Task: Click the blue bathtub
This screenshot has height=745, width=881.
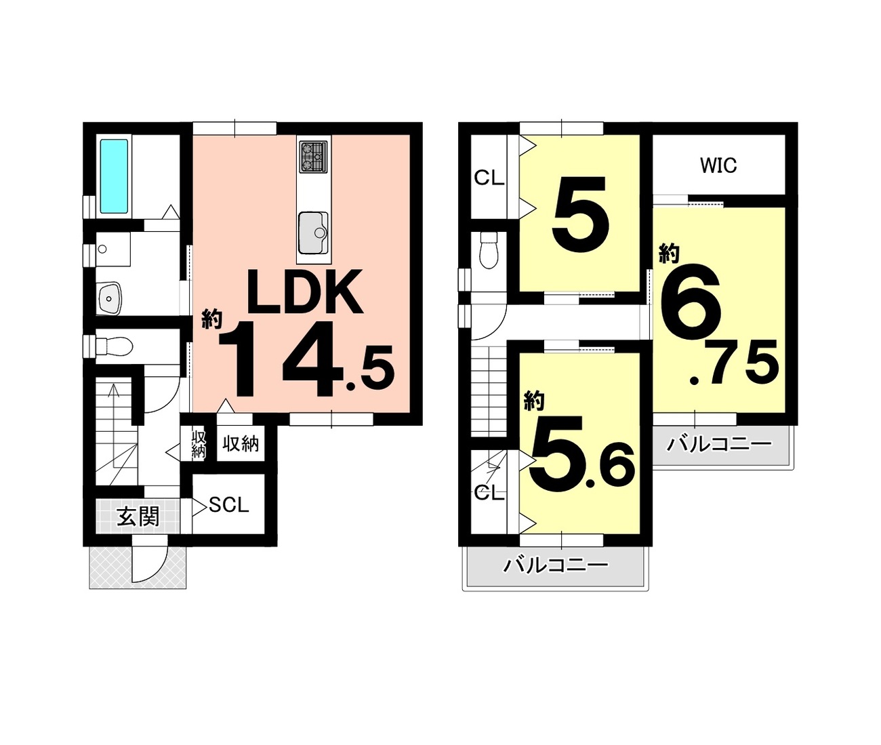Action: click(x=114, y=176)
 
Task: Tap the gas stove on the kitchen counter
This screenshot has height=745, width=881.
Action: click(x=314, y=157)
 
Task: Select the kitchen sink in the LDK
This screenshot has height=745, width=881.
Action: click(x=313, y=233)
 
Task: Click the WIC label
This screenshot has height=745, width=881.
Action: click(x=718, y=166)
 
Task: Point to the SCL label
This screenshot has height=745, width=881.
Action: click(x=228, y=506)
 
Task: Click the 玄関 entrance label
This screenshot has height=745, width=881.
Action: click(x=138, y=517)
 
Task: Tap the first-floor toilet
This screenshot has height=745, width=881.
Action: click(x=114, y=346)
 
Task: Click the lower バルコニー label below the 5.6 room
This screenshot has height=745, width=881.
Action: click(x=555, y=565)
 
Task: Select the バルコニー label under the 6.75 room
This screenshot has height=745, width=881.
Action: click(x=719, y=445)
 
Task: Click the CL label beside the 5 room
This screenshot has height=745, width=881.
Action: click(x=489, y=179)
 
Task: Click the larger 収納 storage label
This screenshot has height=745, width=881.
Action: click(x=241, y=444)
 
